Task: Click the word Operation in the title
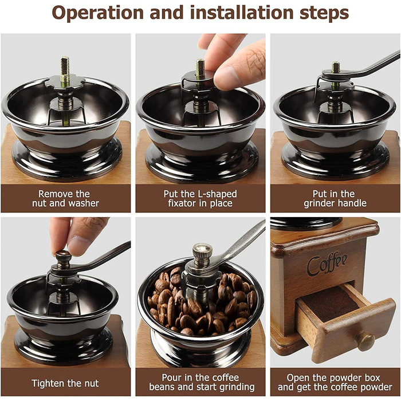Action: click(x=98, y=13)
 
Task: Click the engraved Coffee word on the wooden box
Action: click(x=327, y=264)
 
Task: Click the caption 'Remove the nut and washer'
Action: click(x=65, y=198)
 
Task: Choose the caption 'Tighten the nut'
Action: click(x=65, y=383)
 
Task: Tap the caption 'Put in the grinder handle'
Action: click(x=335, y=198)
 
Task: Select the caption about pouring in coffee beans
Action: click(x=202, y=382)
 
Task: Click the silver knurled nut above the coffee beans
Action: click(x=202, y=254)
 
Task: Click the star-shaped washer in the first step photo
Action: click(x=65, y=82)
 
